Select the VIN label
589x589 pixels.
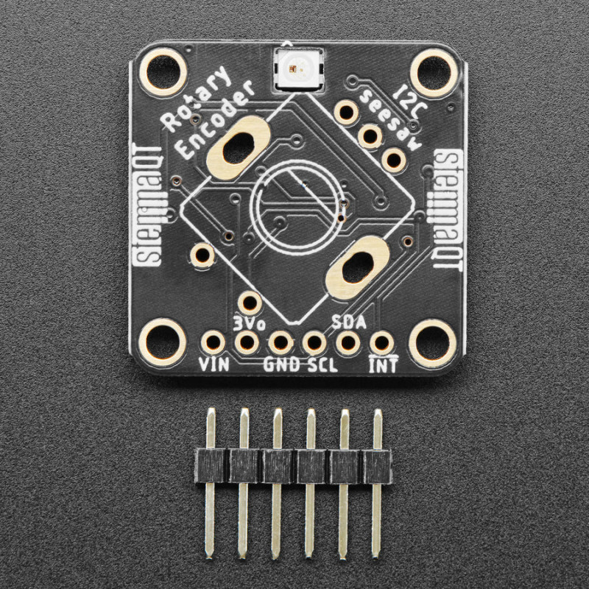(214, 363)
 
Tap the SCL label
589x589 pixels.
(322, 364)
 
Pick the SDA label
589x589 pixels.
(348, 322)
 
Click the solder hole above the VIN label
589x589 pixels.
(214, 342)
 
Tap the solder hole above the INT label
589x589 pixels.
(381, 342)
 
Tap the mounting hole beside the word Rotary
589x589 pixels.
(163, 72)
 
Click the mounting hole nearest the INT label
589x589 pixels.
(432, 344)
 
